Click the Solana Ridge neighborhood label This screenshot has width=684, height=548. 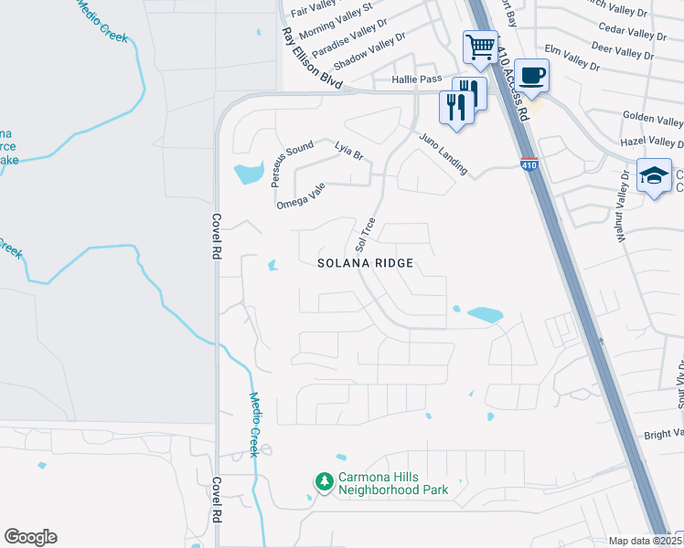coord(366,263)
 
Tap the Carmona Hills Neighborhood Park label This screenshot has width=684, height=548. coord(393,482)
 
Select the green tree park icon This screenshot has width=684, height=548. coord(324,481)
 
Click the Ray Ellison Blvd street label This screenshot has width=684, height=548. coord(312,58)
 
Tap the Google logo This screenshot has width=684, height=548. coord(30,537)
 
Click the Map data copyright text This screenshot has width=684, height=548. coord(641,541)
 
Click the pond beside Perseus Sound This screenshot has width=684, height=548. coord(247,173)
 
